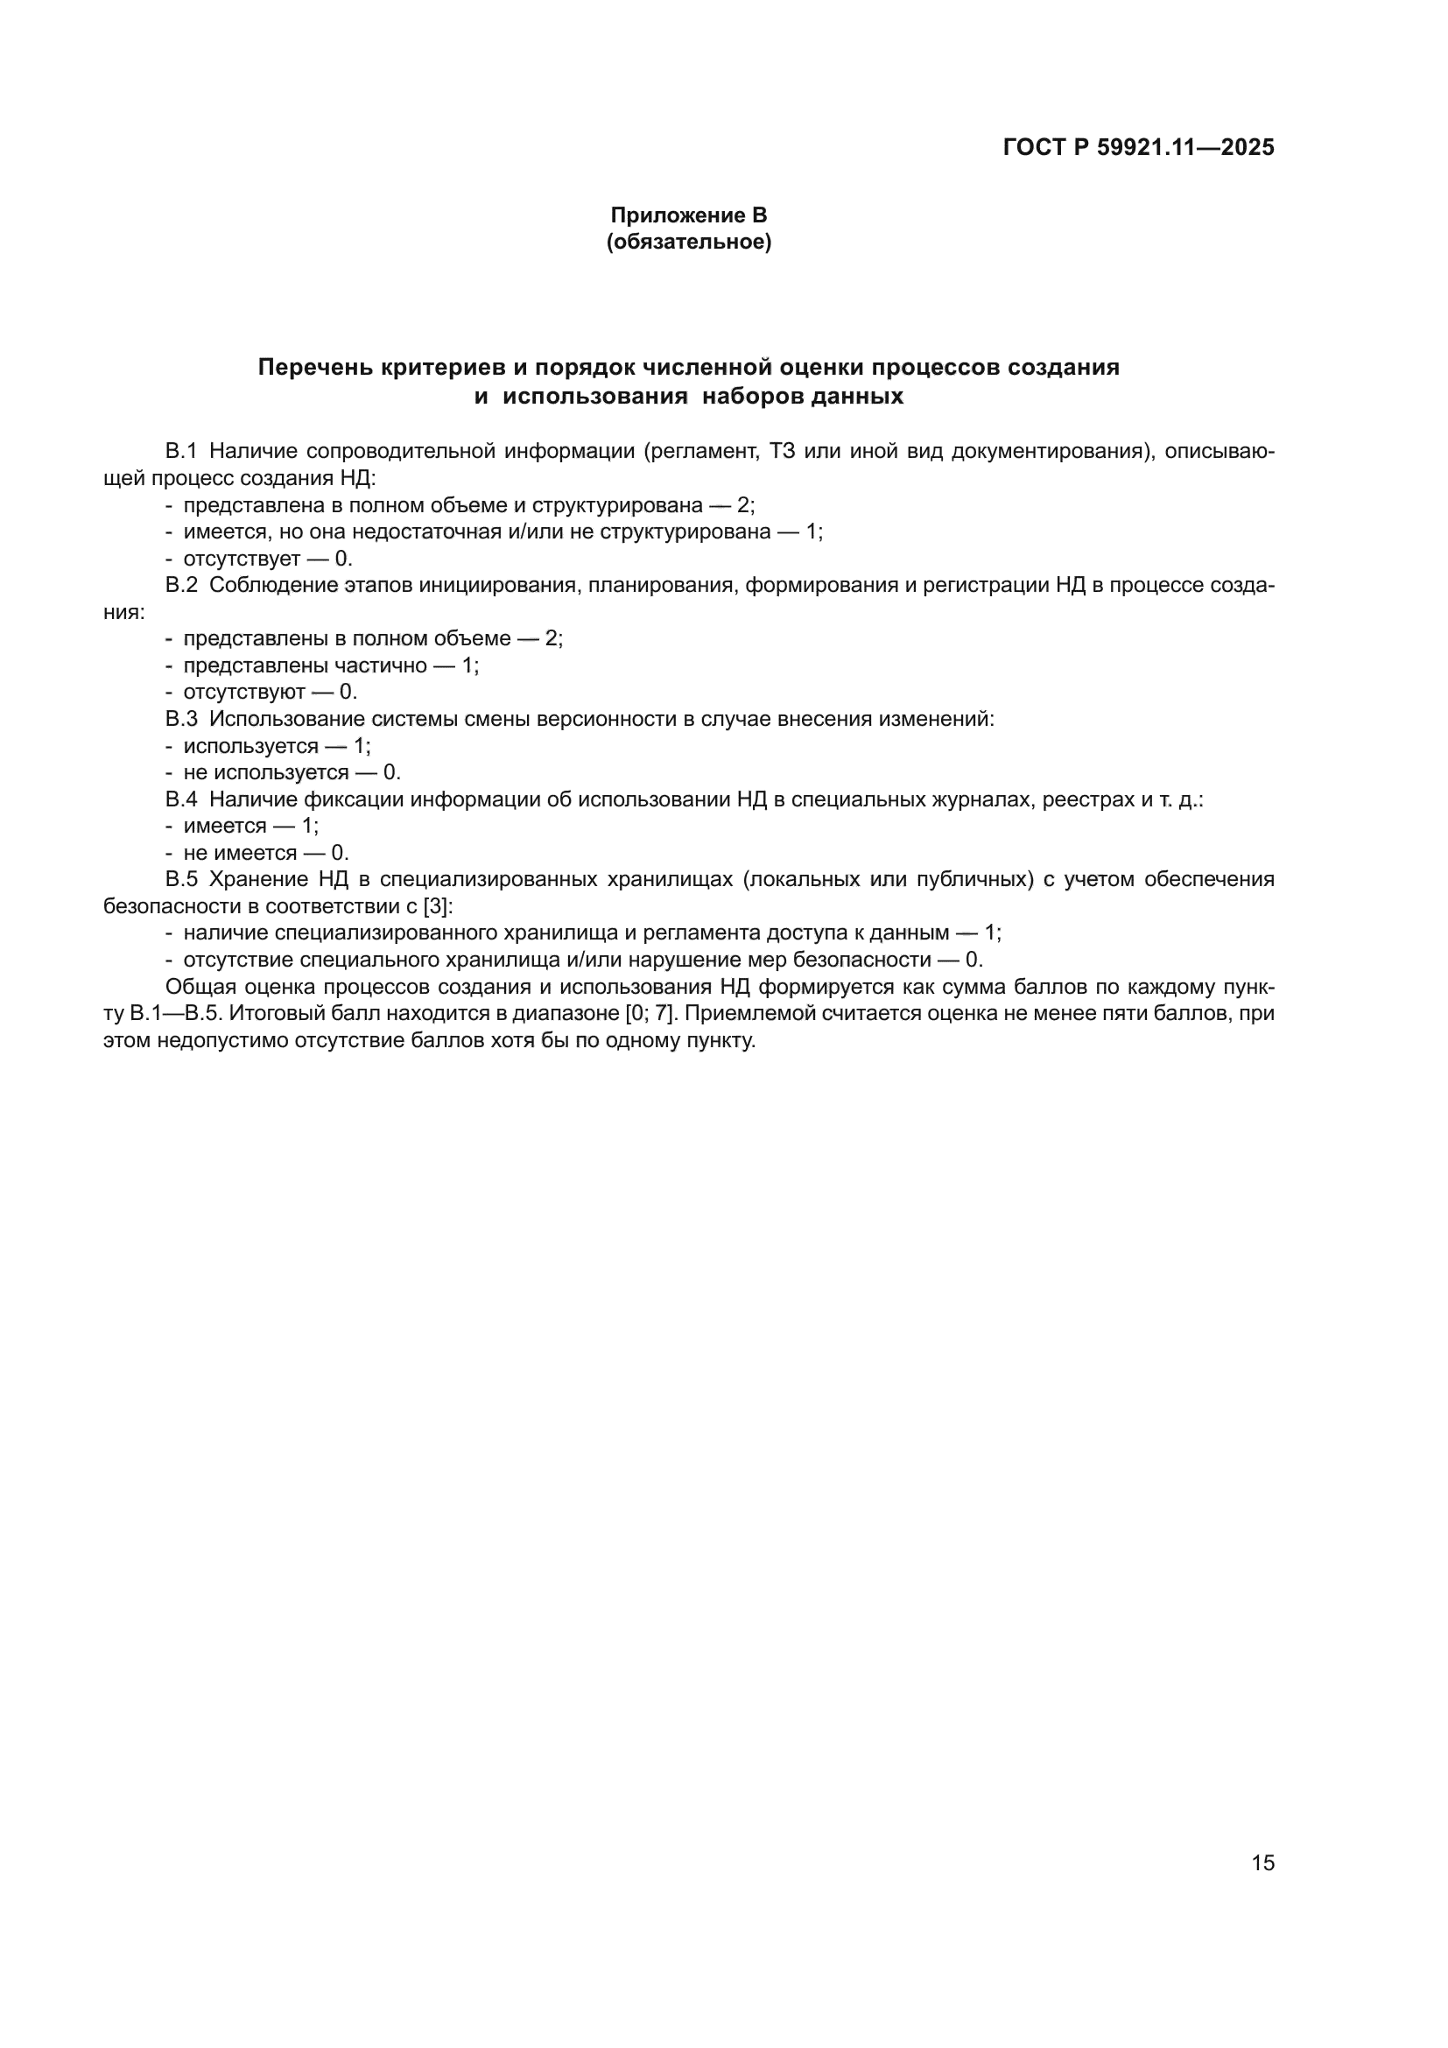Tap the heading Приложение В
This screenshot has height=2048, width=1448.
(687, 215)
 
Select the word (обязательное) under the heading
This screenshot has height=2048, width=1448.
(688, 242)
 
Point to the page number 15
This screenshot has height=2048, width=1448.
(1262, 1862)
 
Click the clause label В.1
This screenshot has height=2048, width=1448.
(181, 451)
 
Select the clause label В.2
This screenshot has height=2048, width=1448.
(181, 585)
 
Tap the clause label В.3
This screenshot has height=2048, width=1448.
(181, 719)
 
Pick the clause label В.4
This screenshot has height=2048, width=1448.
(181, 799)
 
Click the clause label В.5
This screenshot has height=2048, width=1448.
(181, 879)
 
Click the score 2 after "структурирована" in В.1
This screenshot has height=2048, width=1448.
(743, 505)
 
